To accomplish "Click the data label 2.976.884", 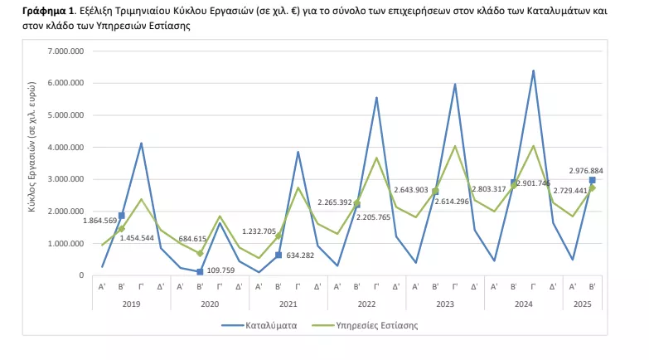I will coord(586,171).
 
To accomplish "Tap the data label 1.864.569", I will coord(100,221).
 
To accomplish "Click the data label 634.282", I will coord(308,255).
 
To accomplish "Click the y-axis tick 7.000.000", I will coord(66,51).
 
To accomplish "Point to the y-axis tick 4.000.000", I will coord(66,148).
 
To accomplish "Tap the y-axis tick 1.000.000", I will coord(66,244).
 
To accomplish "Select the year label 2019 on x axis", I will coord(131,304).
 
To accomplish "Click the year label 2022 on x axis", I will coord(367,304).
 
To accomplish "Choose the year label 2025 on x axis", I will coord(584,304).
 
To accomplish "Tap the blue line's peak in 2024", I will coord(533,71).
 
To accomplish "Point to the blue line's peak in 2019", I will coord(141,144).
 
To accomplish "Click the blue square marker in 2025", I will coord(592,180).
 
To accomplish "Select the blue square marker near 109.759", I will coord(200,271).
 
